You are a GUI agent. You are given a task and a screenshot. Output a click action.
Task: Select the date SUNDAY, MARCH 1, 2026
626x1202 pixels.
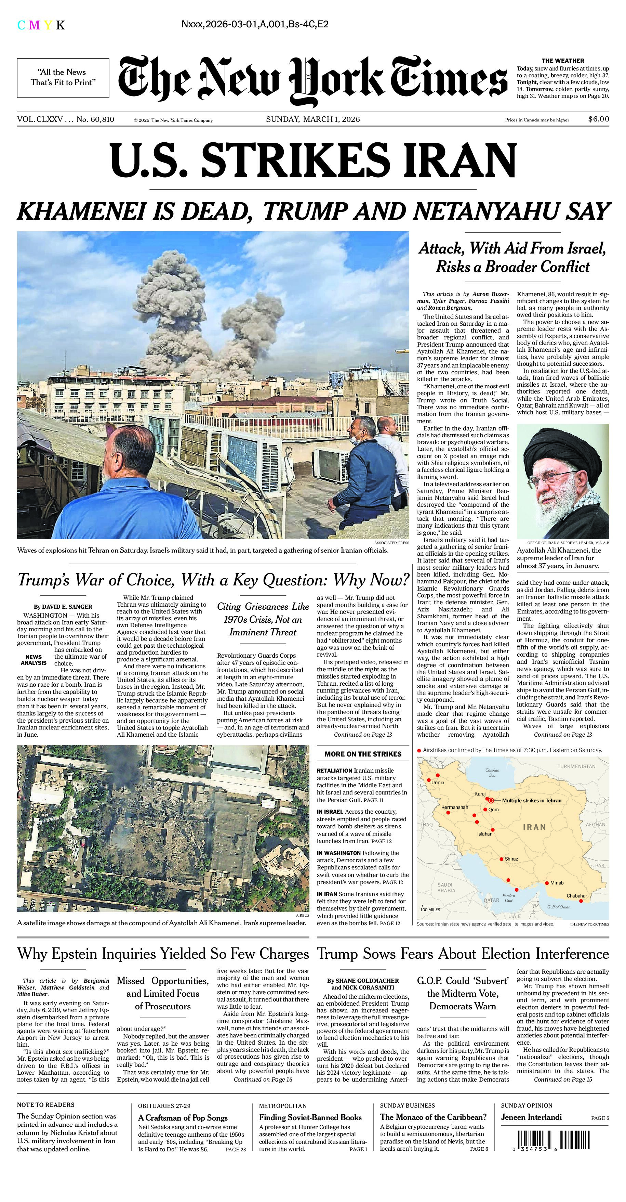(x=313, y=119)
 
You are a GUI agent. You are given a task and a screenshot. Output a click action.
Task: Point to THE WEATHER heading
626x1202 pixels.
(x=563, y=61)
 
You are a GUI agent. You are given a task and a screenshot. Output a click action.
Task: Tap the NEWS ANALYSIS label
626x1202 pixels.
(x=34, y=660)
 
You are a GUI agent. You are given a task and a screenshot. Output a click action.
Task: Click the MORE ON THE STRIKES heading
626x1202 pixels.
(x=363, y=753)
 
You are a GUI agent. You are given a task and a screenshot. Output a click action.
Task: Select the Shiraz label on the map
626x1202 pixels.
(x=511, y=858)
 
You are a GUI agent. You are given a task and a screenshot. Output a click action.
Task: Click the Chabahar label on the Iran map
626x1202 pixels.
(x=576, y=895)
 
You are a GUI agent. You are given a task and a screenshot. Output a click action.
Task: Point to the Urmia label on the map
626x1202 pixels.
(x=438, y=782)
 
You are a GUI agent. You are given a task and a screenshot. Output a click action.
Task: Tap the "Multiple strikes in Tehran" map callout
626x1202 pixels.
(x=531, y=800)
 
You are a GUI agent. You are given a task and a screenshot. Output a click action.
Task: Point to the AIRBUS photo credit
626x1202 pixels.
(x=303, y=915)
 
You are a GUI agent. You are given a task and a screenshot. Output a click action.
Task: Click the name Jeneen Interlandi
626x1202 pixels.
(x=531, y=1117)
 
